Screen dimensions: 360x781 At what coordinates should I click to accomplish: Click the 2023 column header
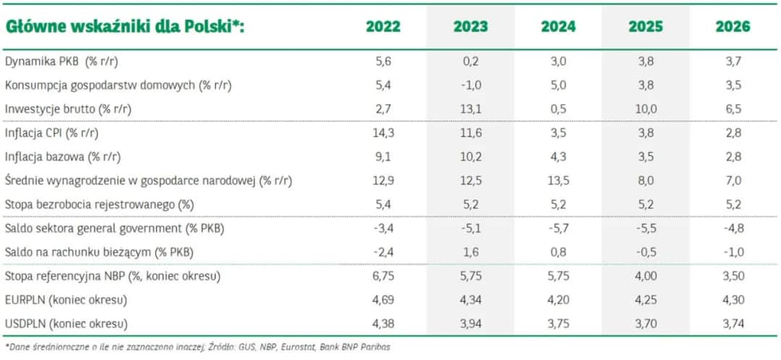tap(470, 27)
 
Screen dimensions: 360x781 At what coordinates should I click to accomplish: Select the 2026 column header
tap(733, 27)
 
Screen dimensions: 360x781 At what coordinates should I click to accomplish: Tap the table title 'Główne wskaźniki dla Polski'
tap(125, 27)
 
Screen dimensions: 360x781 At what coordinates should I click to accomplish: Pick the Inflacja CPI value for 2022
tap(383, 133)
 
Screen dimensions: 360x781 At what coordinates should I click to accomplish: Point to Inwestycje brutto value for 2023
tap(470, 108)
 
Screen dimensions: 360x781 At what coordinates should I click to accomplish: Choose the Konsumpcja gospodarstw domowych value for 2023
tap(470, 85)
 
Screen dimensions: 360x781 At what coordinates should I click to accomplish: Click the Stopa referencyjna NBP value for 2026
tap(733, 275)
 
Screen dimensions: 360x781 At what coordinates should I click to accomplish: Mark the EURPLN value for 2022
tap(383, 299)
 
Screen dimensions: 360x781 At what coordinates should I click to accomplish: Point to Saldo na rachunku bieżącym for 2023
tap(470, 252)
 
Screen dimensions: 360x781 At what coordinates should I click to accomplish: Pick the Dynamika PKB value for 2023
tap(470, 62)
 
